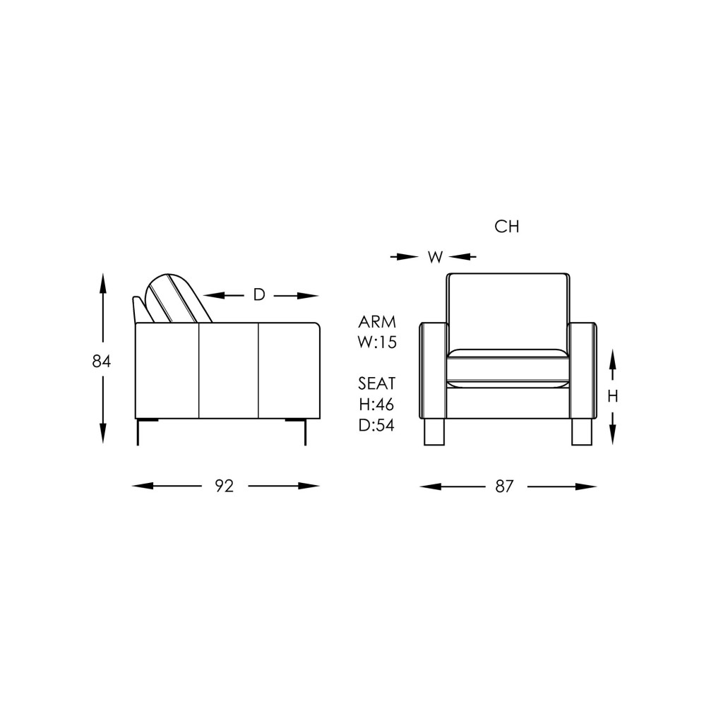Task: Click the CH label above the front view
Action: (x=507, y=227)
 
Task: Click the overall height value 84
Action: (x=102, y=361)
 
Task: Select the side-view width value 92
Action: (x=224, y=486)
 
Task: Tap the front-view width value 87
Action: (x=504, y=486)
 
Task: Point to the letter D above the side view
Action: (x=259, y=295)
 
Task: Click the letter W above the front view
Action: (x=435, y=257)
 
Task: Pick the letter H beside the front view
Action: (x=612, y=397)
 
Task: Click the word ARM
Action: (x=377, y=322)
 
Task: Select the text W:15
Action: (x=377, y=343)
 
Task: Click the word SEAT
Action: (x=377, y=383)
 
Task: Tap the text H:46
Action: (x=377, y=405)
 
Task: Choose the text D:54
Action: (x=377, y=425)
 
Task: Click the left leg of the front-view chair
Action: (x=434, y=431)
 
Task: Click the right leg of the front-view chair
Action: (x=581, y=431)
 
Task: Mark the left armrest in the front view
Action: (x=434, y=370)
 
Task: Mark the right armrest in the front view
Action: (x=582, y=370)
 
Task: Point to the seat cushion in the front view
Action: (x=508, y=369)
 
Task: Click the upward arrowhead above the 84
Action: (x=103, y=282)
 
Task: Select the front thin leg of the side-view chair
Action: (x=305, y=432)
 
